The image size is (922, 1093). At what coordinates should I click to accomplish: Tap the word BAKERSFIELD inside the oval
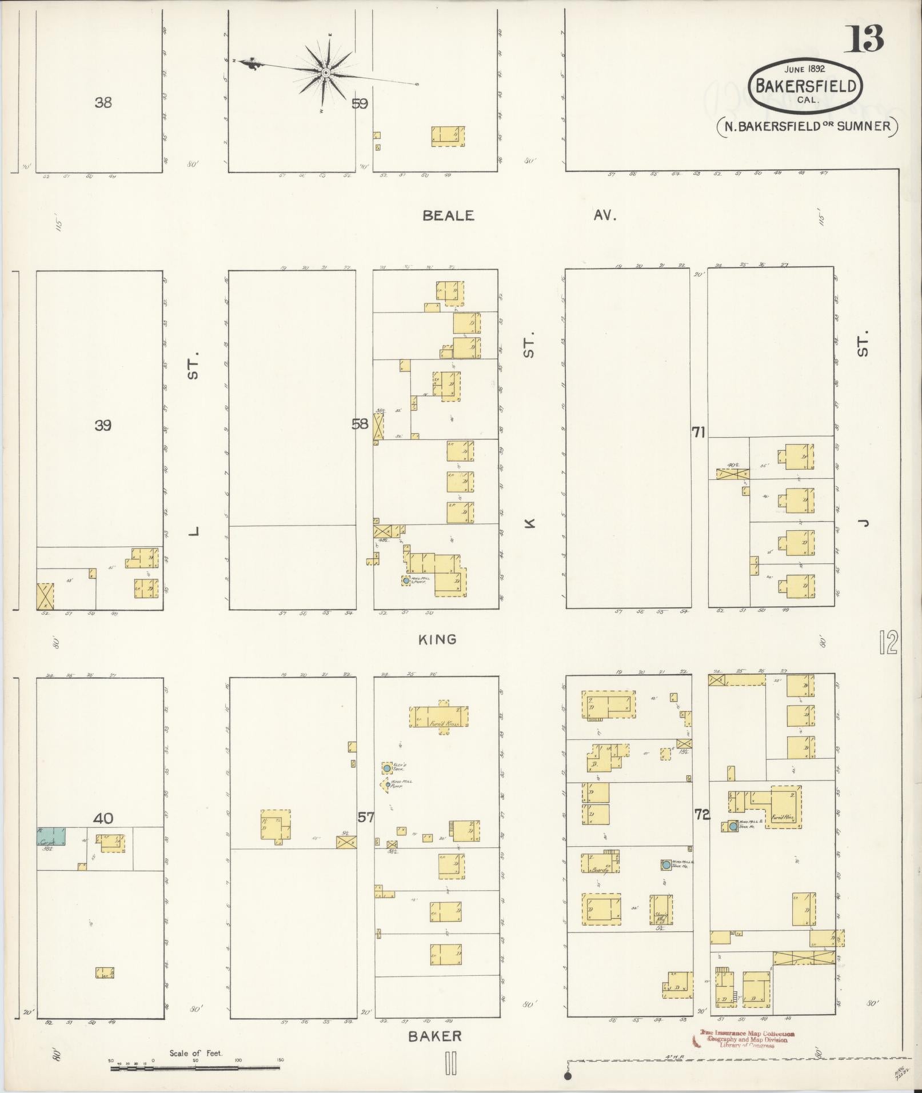pos(806,86)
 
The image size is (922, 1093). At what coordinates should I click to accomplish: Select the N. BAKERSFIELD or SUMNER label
pos(807,126)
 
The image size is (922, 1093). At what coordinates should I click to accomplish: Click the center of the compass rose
pos(325,73)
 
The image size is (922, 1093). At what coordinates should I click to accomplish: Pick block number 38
pos(103,103)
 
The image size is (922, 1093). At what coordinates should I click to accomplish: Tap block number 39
pos(103,425)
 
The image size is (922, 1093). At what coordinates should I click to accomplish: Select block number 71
pos(698,433)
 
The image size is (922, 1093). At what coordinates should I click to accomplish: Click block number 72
pos(701,815)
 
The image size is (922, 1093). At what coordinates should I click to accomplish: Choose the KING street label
pos(437,639)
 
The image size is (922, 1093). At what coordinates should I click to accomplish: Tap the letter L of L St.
pos(194,531)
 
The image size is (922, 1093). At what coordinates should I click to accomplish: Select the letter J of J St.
pos(863,521)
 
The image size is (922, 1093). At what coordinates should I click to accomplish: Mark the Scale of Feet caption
pos(195,1053)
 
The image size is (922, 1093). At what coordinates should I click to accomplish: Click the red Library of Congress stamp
pos(747,1039)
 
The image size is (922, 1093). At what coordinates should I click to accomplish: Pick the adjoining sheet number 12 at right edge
pos(890,643)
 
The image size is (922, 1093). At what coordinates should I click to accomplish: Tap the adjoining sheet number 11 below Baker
pos(451,1063)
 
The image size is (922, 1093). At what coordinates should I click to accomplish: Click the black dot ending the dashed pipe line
pos(568,1076)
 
